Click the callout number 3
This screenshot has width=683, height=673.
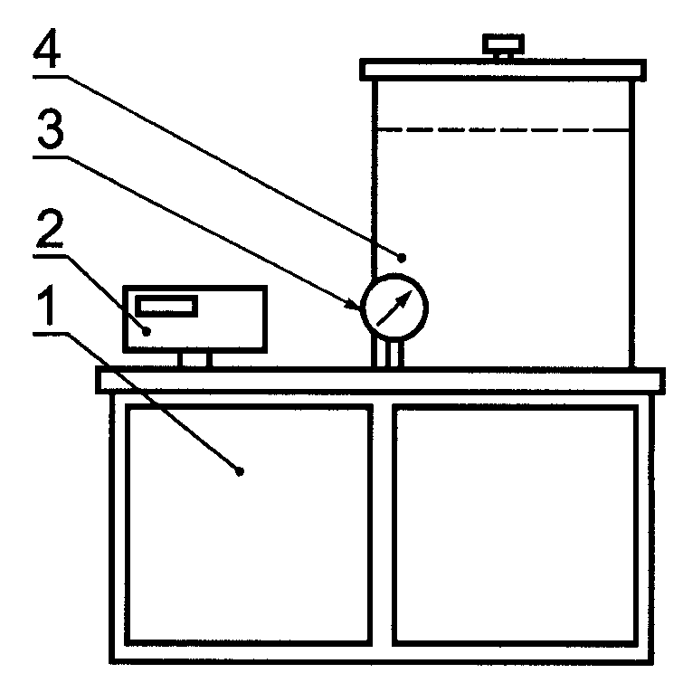click(48, 136)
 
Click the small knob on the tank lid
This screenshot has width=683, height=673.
click(498, 44)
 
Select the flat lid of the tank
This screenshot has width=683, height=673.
click(503, 69)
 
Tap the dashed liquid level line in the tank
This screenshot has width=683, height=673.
click(503, 131)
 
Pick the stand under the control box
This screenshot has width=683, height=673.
click(194, 359)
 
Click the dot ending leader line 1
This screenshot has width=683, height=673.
click(239, 470)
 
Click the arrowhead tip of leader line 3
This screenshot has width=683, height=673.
click(359, 308)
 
